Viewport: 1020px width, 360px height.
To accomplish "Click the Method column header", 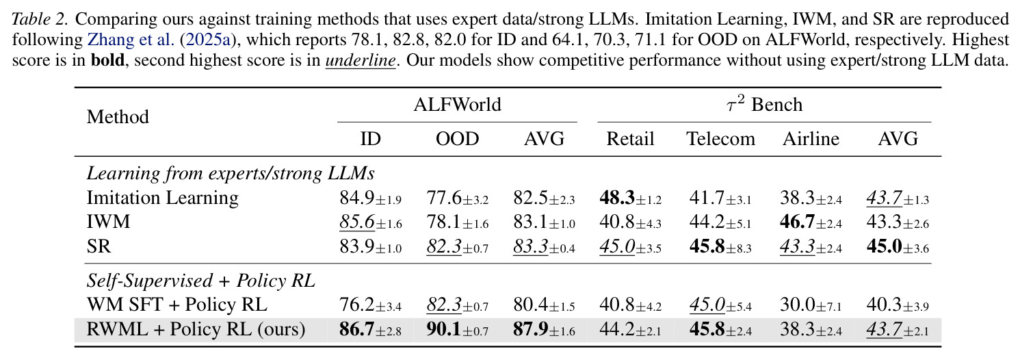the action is (x=118, y=117).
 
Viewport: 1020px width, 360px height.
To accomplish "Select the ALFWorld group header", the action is (x=457, y=104).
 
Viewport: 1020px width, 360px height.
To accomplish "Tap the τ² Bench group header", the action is (x=764, y=104).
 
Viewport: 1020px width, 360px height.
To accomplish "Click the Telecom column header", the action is (x=720, y=138).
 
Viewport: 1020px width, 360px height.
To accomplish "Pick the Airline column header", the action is (x=811, y=138).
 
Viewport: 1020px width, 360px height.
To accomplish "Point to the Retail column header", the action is (x=630, y=138).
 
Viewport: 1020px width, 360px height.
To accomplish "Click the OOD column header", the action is (x=457, y=138).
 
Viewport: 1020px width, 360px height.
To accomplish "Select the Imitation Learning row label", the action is (x=163, y=198).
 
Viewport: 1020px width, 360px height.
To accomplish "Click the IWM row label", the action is (x=108, y=222).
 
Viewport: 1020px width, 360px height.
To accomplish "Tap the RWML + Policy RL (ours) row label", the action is (x=196, y=329).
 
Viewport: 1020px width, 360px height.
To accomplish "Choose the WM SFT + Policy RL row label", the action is (x=176, y=305).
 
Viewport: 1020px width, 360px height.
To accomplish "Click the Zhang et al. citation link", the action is (x=131, y=40).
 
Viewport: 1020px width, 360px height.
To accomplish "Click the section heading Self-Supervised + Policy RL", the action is (x=201, y=280).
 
